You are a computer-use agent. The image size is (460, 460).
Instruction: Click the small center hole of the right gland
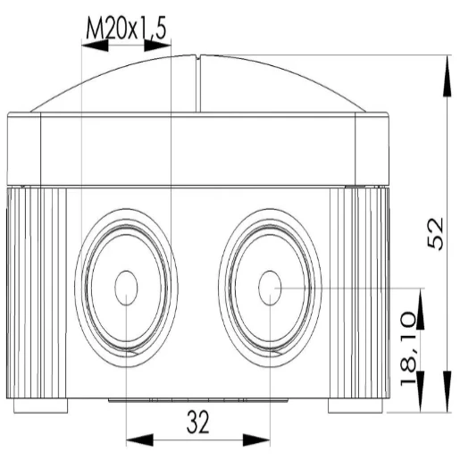click(269, 288)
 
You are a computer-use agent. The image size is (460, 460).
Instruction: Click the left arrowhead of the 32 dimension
click(137, 439)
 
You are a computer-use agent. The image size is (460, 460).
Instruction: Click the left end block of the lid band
click(24, 147)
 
